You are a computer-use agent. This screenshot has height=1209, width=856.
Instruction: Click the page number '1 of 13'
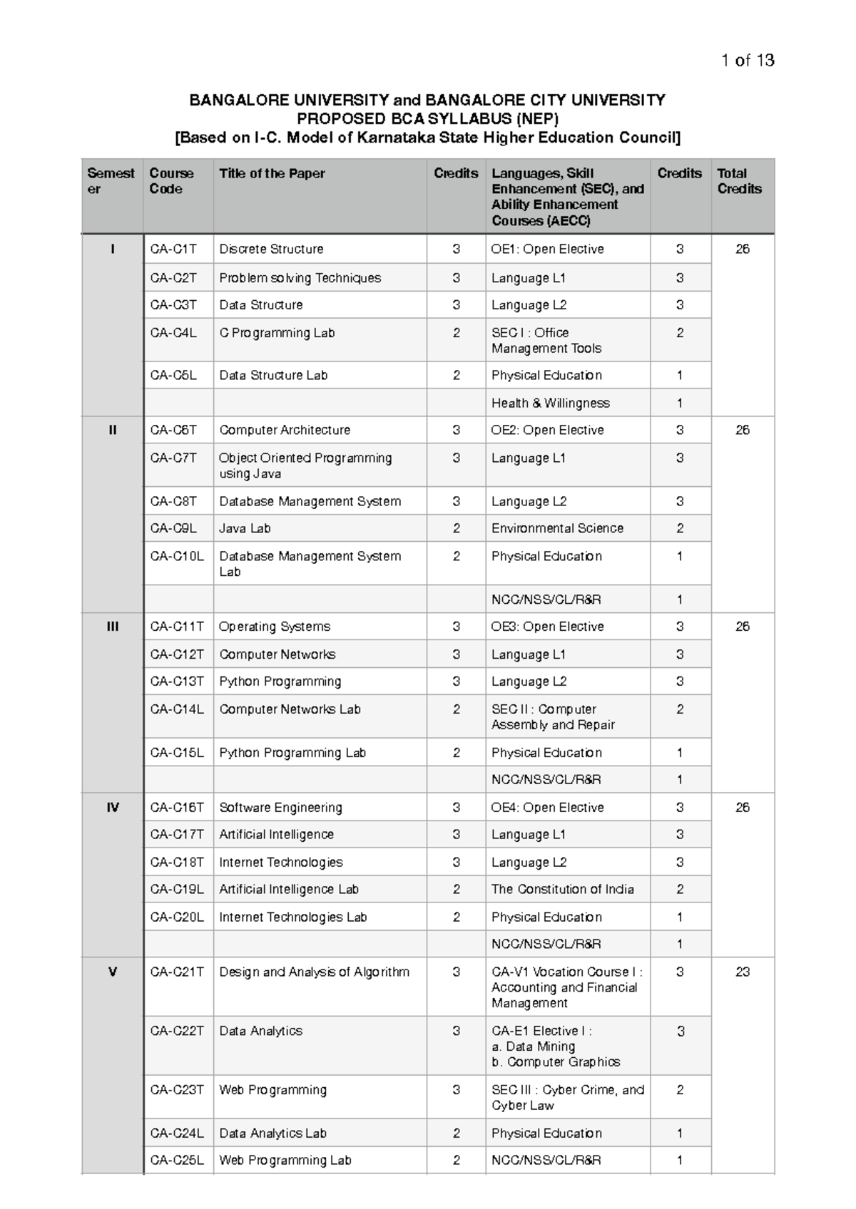pos(747,61)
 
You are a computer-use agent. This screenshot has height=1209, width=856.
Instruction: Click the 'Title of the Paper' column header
pos(272,173)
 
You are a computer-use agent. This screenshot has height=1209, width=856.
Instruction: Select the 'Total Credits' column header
pos(739,181)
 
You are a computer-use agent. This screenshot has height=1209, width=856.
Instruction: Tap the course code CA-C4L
pos(173,333)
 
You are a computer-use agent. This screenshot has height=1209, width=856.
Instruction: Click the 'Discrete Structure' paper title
pos(271,249)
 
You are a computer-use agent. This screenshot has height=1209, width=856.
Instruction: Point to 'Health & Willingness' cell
pos(550,403)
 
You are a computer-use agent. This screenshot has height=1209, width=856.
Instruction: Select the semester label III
pos(113,627)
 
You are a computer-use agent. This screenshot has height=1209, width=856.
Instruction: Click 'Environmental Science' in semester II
pos(557,528)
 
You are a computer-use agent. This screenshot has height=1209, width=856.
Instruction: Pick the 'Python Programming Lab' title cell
pos(292,753)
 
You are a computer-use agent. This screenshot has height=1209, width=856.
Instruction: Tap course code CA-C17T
pos(177,834)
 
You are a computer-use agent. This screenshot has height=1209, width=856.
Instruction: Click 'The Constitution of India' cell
pos(562,889)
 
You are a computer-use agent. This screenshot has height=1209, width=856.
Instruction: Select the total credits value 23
pos(742,972)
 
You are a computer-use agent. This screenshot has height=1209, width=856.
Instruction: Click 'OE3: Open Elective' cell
pos(547,627)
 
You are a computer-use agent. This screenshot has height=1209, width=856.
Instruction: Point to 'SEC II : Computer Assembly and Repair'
pos(553,716)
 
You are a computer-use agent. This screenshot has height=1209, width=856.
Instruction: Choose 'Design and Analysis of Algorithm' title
pos(314,972)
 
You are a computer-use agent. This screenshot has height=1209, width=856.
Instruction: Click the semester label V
pos(113,972)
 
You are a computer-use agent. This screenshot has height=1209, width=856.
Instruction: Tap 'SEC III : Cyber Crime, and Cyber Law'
pos(567,1097)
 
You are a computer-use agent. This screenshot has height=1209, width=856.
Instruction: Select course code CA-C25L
pos(177,1160)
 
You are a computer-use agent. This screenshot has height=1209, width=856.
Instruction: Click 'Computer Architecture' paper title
pos(285,430)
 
